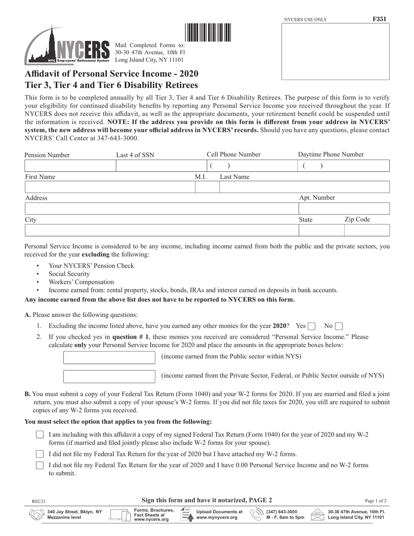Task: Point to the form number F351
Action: [379, 19]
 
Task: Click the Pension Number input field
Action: [70, 166]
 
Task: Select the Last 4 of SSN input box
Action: [160, 166]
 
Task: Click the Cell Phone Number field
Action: [251, 166]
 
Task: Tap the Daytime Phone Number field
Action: [343, 166]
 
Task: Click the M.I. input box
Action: [207, 187]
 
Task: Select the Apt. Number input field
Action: [343, 209]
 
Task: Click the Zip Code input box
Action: [366, 230]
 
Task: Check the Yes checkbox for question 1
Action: [312, 326]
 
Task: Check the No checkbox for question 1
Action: [339, 326]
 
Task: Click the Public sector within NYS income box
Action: [109, 357]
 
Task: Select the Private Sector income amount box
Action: [109, 377]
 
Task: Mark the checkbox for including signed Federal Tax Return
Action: [40, 435]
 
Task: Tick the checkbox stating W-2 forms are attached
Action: [40, 454]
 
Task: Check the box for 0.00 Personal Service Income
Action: [40, 465]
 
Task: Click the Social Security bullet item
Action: [69, 274]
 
